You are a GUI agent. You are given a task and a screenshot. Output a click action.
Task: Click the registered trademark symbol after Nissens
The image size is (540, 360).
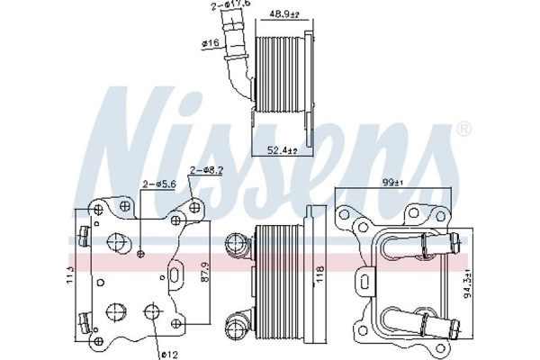point(463,130)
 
